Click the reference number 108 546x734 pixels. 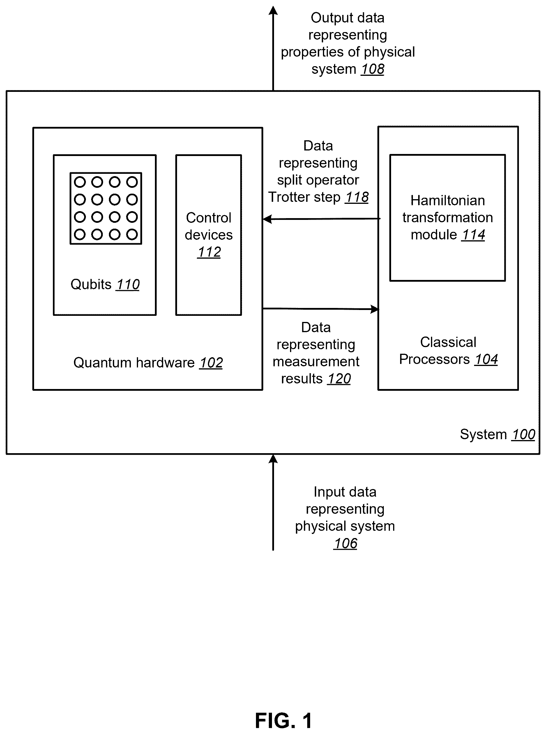point(372,69)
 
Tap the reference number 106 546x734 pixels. point(345,543)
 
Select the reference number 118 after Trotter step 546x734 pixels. point(357,197)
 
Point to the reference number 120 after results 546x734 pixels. point(339,379)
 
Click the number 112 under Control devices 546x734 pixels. point(209,252)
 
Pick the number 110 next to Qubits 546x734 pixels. point(128,285)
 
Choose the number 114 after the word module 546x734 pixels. point(473,235)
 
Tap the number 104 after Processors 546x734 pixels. point(486,359)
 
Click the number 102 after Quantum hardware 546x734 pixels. point(211,363)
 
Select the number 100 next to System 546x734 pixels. point(524,435)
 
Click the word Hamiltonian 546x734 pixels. point(448,201)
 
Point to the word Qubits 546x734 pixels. point(91,285)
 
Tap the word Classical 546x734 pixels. point(448,342)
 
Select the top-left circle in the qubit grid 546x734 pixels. point(80,182)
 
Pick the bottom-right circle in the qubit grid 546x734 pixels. point(132,235)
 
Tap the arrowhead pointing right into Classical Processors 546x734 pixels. point(374,309)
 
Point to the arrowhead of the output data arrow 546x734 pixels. point(273,10)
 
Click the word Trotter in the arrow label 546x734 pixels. point(288,197)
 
